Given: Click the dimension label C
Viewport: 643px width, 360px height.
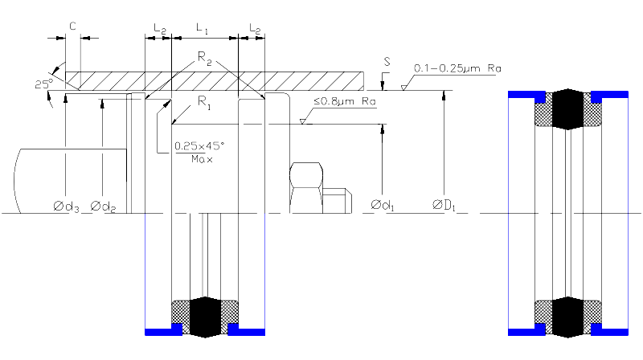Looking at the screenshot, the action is [72, 27].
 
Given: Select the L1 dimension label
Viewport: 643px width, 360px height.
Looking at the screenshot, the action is [203, 29].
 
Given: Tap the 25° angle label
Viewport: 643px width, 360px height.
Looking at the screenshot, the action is [44, 84].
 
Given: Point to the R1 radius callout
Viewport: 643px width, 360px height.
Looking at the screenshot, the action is [204, 102].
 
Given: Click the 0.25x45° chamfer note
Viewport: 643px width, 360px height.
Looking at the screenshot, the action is [199, 146].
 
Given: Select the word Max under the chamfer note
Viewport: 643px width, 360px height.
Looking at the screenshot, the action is [202, 159].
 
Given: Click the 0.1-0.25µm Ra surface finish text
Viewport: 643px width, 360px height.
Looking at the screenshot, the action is [457, 68].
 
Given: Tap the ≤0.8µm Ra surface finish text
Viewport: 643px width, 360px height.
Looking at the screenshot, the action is [345, 102].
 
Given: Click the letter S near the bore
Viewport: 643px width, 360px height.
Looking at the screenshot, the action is [387, 63].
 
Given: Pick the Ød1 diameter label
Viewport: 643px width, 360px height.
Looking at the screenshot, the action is [383, 205].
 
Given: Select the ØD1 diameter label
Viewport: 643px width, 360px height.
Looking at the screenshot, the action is [444, 205].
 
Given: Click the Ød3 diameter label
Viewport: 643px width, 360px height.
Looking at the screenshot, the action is [66, 207].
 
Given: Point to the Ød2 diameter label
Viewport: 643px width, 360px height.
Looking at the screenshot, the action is [103, 207].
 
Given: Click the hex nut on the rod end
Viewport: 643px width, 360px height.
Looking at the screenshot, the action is [306, 188].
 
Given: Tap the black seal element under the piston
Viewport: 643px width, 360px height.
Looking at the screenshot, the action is [206, 317].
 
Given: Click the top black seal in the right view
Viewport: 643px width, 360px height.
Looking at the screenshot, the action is [568, 109].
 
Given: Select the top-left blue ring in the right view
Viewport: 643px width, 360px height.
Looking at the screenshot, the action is [526, 96].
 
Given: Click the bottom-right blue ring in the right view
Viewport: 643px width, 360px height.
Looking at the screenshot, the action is [609, 330].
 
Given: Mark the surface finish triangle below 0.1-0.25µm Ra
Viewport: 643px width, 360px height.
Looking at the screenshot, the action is [404, 88].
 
